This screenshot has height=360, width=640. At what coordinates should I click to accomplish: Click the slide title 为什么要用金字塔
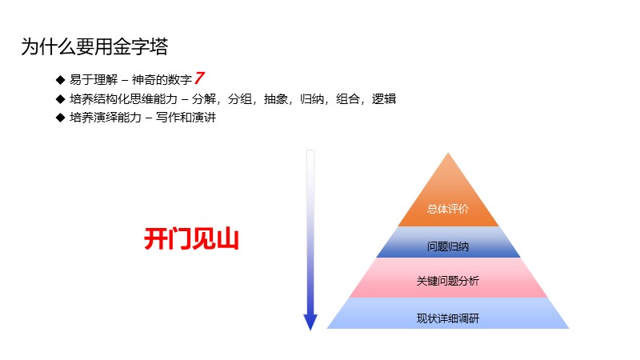(x=94, y=46)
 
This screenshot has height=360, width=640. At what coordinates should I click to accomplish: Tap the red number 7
(x=200, y=78)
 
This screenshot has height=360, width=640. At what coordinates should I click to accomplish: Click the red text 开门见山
(x=191, y=239)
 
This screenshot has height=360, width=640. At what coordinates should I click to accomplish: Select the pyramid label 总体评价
(x=448, y=209)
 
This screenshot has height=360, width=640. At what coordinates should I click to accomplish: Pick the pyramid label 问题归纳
(x=448, y=246)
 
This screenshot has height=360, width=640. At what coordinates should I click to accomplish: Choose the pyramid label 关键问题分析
(x=448, y=282)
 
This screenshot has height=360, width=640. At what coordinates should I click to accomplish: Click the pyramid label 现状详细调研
(x=448, y=318)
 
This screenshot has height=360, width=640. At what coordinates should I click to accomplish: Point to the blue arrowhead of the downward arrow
(x=310, y=322)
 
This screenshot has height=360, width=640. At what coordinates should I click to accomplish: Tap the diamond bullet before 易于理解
(x=60, y=80)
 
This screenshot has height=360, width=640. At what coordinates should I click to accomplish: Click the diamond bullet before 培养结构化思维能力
(x=60, y=99)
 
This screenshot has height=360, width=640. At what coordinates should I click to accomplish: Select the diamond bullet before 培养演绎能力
(x=60, y=118)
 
